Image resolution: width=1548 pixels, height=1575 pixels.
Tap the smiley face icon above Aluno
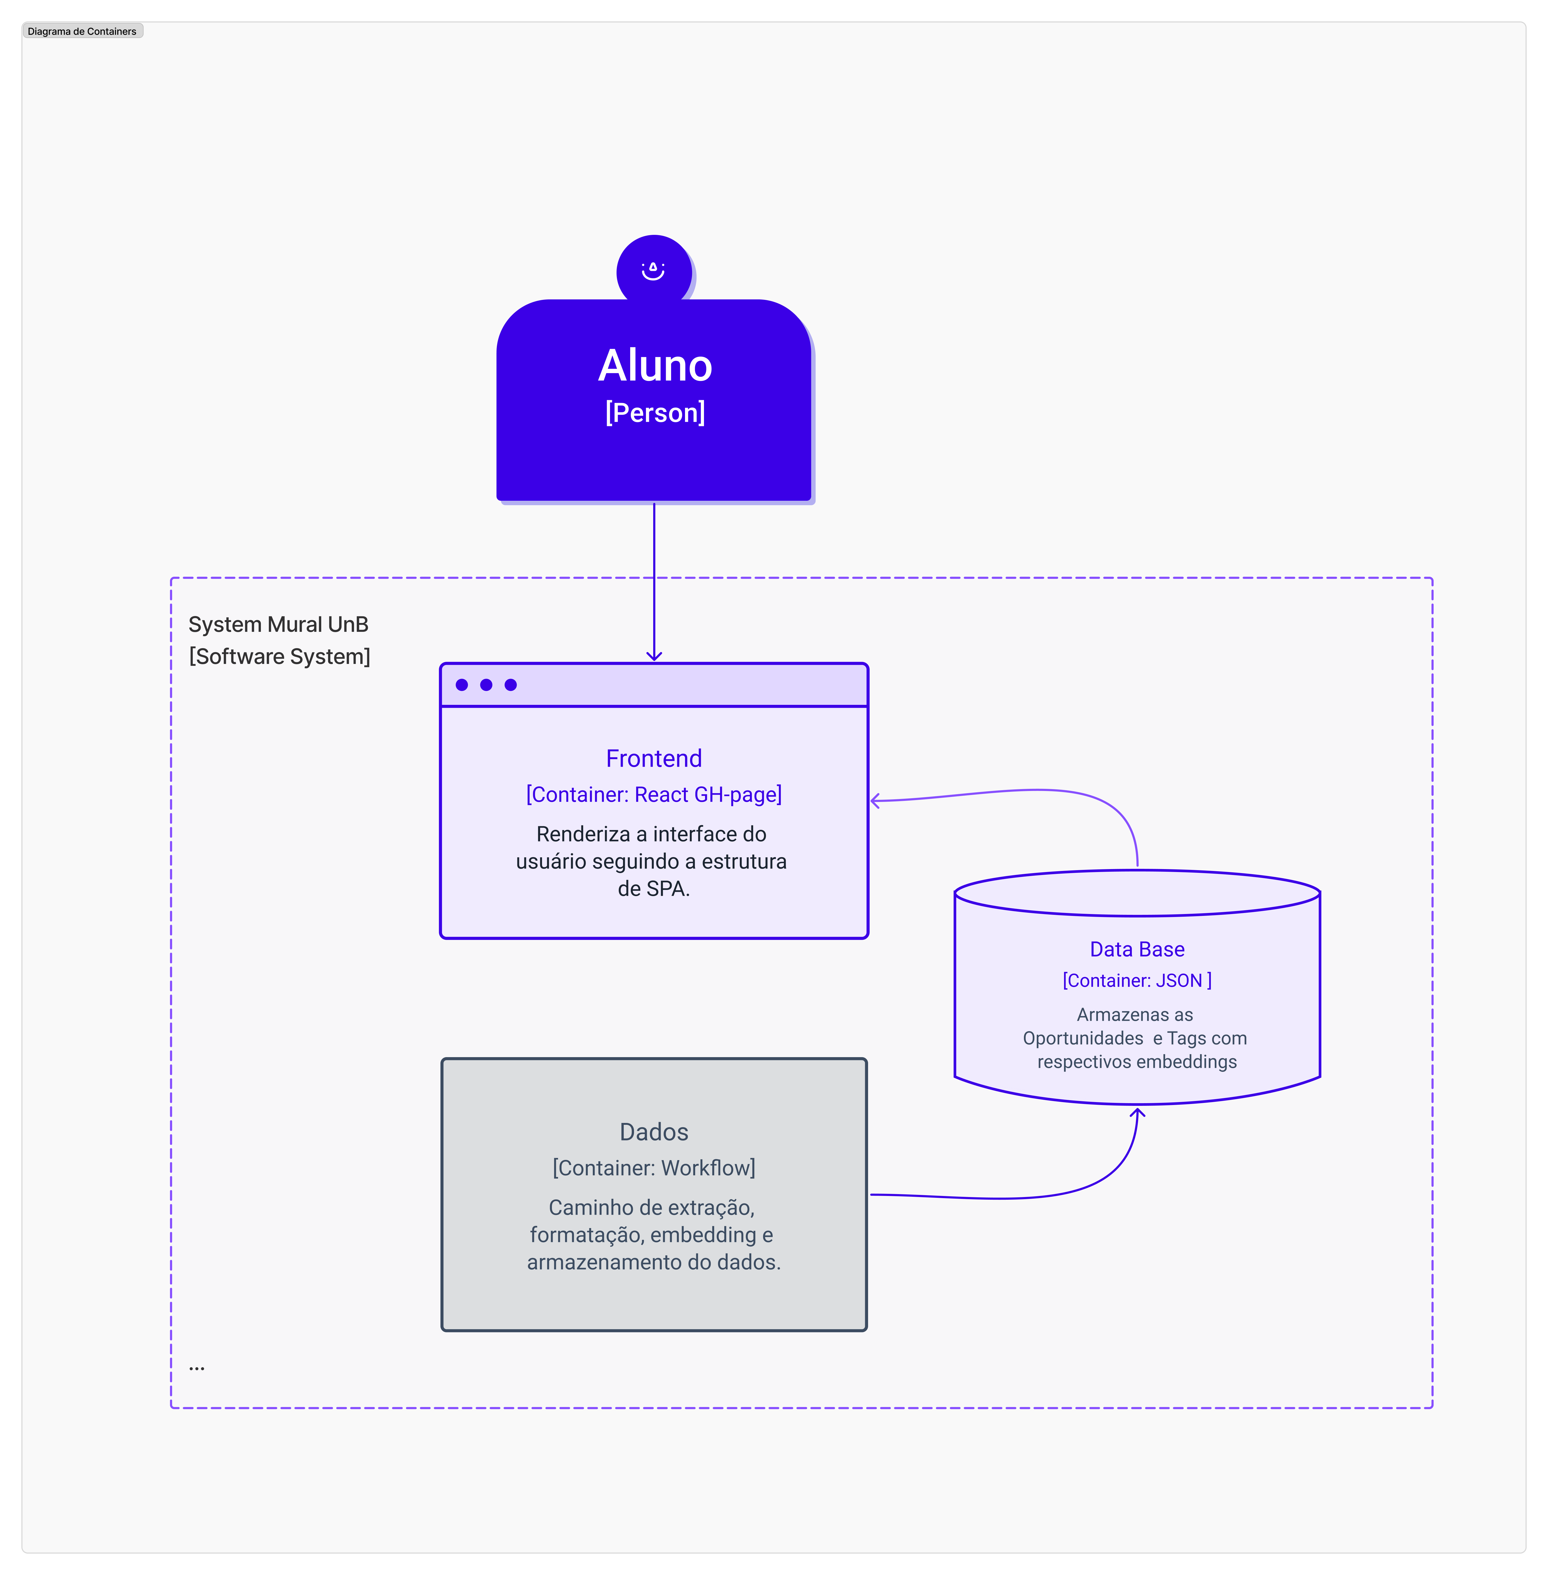click(x=653, y=270)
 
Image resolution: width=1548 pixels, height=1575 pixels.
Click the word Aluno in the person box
click(x=655, y=365)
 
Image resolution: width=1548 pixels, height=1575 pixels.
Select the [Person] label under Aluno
click(x=655, y=412)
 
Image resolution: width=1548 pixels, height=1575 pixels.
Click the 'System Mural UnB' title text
click(x=278, y=624)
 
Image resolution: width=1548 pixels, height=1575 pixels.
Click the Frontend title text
click(x=654, y=758)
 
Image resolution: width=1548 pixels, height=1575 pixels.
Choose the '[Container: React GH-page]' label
click(x=654, y=794)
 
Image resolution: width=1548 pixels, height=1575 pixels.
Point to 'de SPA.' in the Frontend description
click(x=654, y=888)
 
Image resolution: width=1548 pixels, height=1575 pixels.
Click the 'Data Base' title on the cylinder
click(x=1137, y=949)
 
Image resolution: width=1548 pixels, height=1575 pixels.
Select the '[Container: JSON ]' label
click(x=1137, y=980)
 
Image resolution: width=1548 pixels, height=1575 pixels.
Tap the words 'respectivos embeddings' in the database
click(x=1137, y=1062)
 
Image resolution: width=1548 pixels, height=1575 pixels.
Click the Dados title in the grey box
click(x=654, y=1131)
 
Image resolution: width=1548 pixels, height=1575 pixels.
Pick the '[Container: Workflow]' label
click(x=654, y=1167)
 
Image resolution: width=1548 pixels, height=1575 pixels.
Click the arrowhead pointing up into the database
click(x=1137, y=1112)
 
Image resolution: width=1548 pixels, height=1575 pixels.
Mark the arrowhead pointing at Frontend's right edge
click(x=875, y=801)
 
